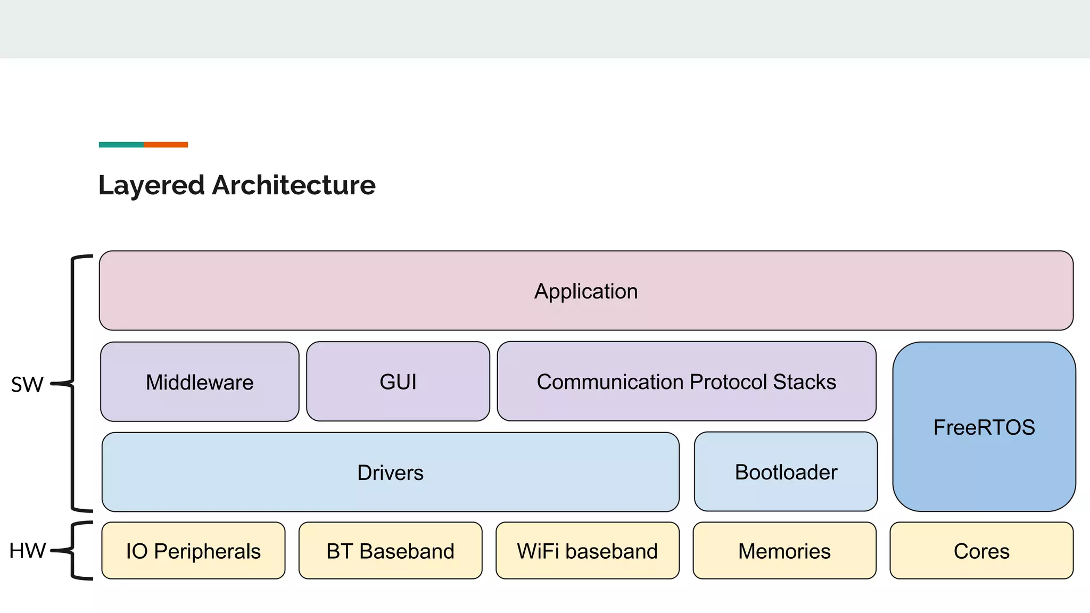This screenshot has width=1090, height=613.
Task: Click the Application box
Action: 585,291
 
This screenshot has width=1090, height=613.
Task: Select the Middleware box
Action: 200,382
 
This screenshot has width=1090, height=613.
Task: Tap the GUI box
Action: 398,382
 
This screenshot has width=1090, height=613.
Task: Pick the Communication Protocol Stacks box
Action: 686,382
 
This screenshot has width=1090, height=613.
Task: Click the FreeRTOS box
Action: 984,427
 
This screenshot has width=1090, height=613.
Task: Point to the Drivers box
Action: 390,472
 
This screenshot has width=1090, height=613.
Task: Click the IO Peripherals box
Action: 193,551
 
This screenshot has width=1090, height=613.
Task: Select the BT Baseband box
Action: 390,551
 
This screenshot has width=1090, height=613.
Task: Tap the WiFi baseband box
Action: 587,551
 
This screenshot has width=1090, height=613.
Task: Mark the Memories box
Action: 784,551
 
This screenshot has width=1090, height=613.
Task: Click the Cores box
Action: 981,551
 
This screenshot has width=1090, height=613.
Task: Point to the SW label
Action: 27,384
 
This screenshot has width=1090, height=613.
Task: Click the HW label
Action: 27,551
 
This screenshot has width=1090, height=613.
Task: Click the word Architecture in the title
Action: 294,185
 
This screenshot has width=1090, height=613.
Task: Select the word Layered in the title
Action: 152,185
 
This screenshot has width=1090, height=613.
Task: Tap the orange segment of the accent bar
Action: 166,145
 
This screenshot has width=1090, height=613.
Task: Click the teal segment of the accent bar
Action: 121,145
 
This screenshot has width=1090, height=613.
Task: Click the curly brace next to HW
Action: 73,551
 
